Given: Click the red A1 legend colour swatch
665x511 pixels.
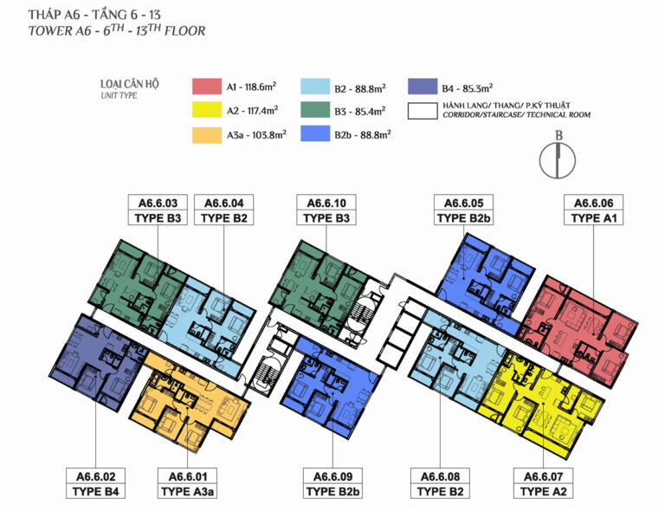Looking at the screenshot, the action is (207, 86).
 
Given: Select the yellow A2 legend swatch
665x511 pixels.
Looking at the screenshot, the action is (207, 110).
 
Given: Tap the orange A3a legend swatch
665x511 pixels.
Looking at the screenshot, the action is (207, 135).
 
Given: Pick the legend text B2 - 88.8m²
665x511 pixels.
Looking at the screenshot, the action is (360, 88).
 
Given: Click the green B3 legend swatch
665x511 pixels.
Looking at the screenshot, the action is (315, 110).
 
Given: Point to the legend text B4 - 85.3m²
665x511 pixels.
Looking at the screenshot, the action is (467, 88).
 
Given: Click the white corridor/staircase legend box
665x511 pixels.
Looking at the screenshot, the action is (423, 111).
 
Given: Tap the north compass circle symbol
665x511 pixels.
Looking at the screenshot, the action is (558, 161).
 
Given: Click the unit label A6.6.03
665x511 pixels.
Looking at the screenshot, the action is (158, 204).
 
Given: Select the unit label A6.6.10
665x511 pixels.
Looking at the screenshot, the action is (326, 204).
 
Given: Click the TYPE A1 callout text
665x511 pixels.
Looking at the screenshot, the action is (594, 218).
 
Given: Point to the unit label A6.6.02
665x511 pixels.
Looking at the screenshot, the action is (96, 476).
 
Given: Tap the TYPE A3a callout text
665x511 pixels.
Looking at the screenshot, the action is (187, 492).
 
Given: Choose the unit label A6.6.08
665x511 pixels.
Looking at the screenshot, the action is (440, 476).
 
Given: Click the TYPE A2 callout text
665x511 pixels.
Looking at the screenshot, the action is (543, 492).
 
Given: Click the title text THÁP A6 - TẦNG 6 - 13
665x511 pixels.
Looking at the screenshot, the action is (94, 15).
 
